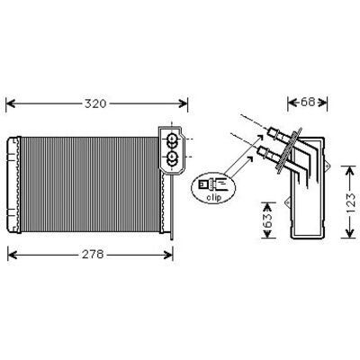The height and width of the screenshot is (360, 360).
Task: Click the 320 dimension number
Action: [95, 103]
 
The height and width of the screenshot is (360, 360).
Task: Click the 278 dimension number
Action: [93, 255]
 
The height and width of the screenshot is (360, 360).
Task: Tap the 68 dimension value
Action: [308, 103]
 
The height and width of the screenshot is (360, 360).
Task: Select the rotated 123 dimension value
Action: [350, 203]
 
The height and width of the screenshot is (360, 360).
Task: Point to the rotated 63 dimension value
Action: [268, 220]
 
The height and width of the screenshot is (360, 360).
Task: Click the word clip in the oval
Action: [213, 197]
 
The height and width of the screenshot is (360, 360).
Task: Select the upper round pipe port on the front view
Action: [172, 139]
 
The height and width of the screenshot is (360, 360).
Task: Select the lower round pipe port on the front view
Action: [172, 156]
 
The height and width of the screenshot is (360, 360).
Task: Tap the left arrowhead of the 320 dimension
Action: [11, 103]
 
